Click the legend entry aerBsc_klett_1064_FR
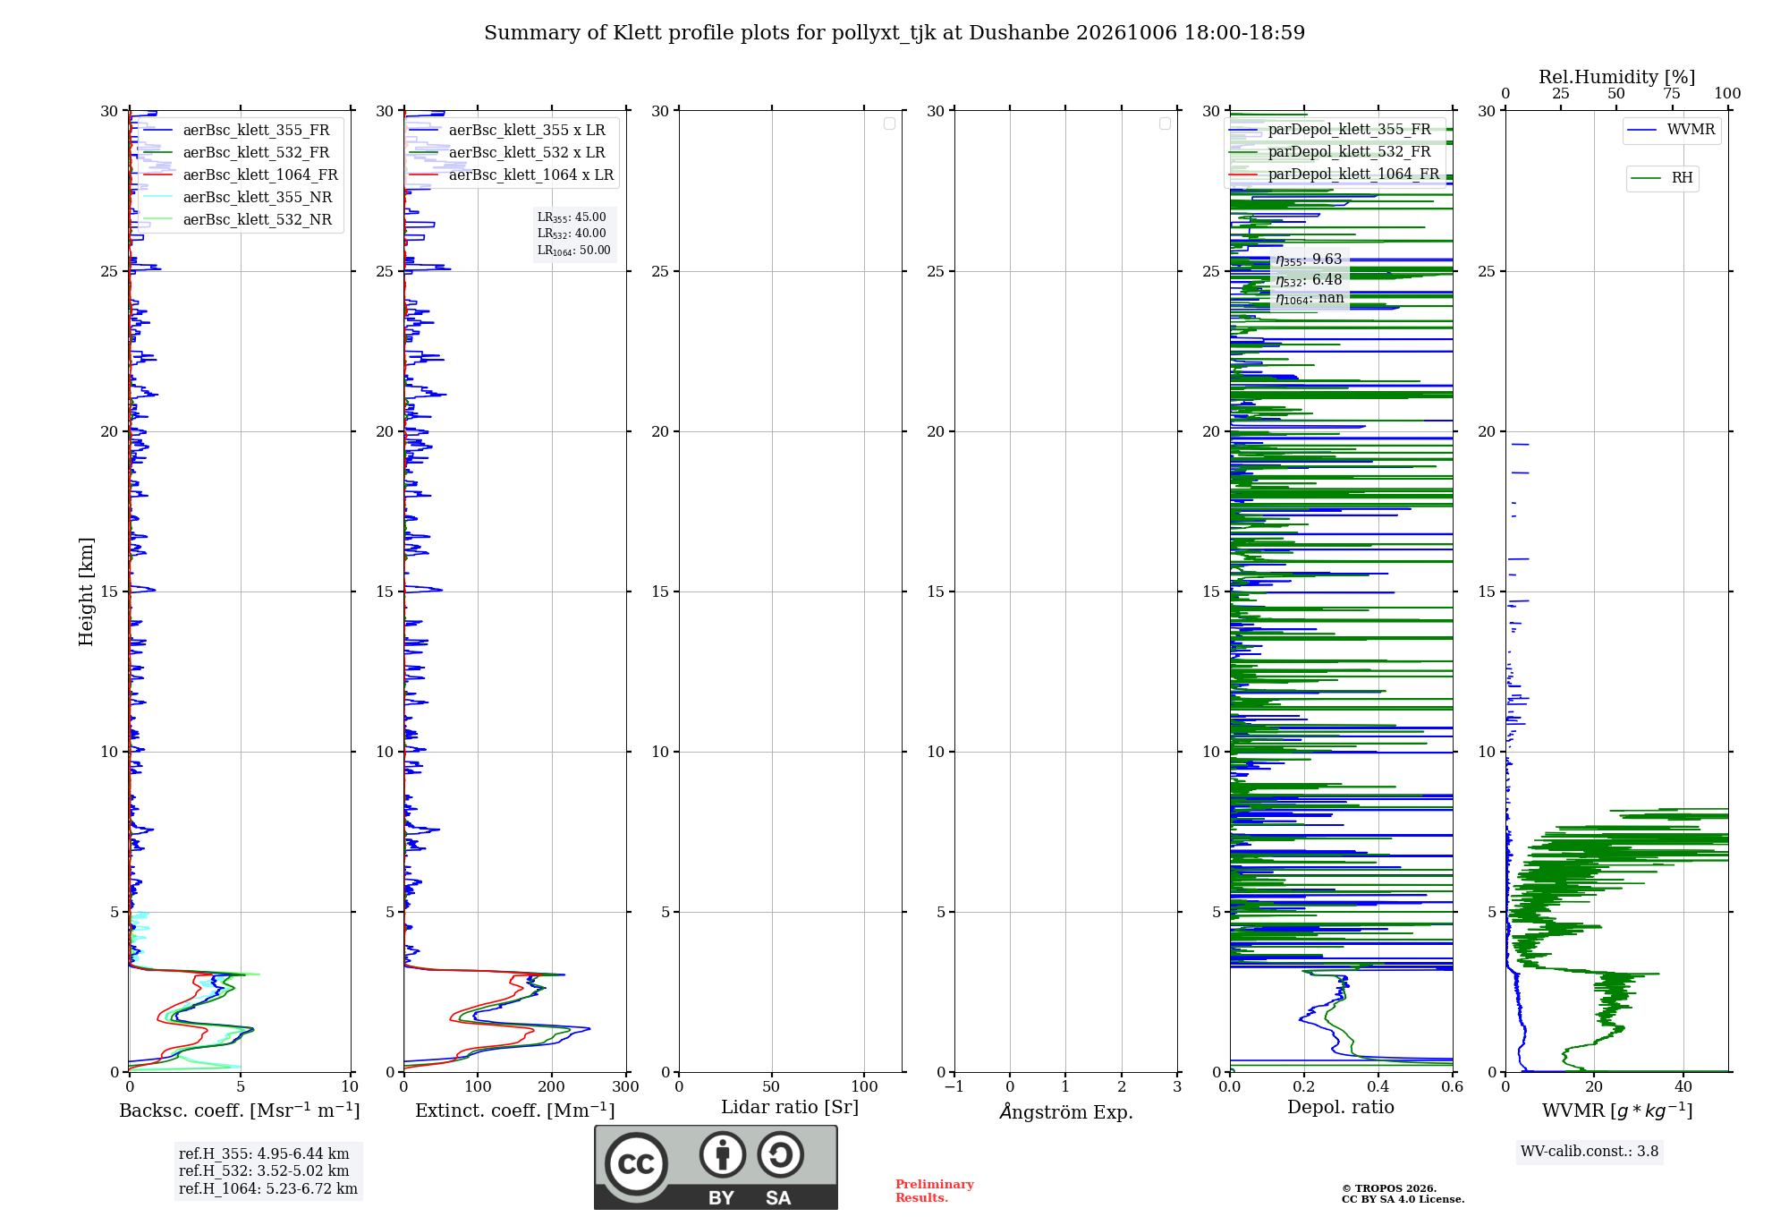click(260, 175)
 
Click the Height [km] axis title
click(86, 591)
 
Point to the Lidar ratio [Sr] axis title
click(790, 1108)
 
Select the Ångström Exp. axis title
click(1066, 1111)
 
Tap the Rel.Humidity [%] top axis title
click(1616, 77)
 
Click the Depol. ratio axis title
click(1341, 1108)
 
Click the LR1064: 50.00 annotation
click(573, 251)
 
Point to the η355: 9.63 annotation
click(1309, 260)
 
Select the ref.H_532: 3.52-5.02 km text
click(264, 1171)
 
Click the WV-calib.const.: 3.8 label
click(1590, 1152)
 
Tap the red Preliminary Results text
click(934, 1191)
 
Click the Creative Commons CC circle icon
click(636, 1164)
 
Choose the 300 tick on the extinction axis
click(625, 1087)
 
